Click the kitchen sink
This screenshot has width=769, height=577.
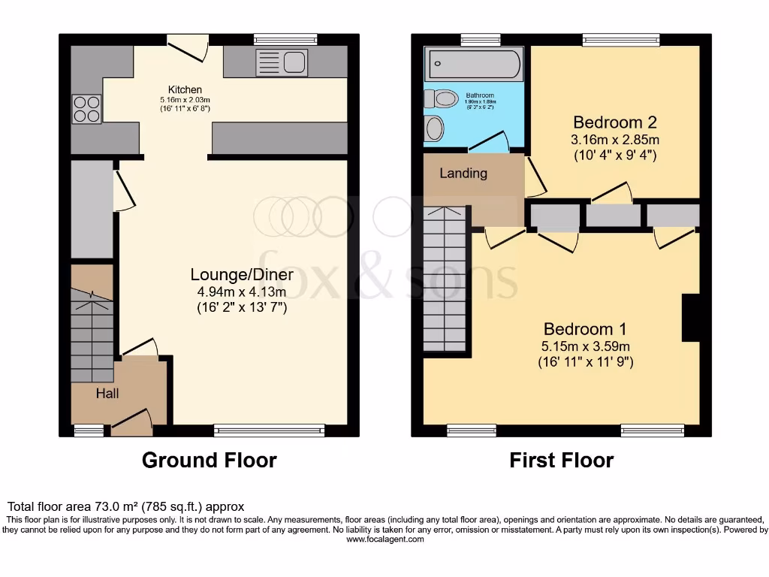(282, 62)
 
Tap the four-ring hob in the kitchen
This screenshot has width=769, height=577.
(86, 110)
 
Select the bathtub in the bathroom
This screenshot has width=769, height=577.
(474, 65)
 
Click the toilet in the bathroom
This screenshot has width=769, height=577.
(442, 98)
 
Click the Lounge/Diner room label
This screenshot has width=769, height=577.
(241, 274)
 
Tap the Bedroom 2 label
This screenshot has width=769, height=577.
(609, 122)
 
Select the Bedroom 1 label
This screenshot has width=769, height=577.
(585, 329)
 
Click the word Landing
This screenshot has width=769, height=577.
(463, 174)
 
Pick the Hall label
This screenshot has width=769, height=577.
(107, 393)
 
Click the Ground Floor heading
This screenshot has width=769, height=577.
(209, 460)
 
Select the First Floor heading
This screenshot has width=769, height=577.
(561, 460)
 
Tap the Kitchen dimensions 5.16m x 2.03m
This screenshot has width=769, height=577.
(185, 100)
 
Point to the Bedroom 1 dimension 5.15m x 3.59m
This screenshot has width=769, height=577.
(585, 346)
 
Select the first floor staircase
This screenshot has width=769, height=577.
(445, 278)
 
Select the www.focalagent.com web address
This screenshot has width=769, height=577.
(384, 539)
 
